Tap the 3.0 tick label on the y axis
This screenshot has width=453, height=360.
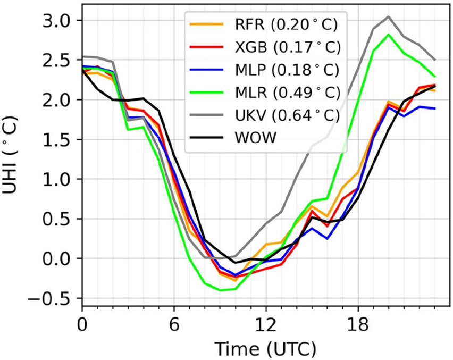point(59,21)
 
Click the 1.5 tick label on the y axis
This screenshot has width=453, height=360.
point(59,140)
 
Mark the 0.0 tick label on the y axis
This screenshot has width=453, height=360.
point(59,259)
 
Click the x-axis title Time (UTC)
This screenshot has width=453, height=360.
point(265,348)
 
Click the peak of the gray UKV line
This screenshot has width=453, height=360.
point(389,16)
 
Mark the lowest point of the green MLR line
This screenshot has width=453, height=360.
point(220,290)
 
